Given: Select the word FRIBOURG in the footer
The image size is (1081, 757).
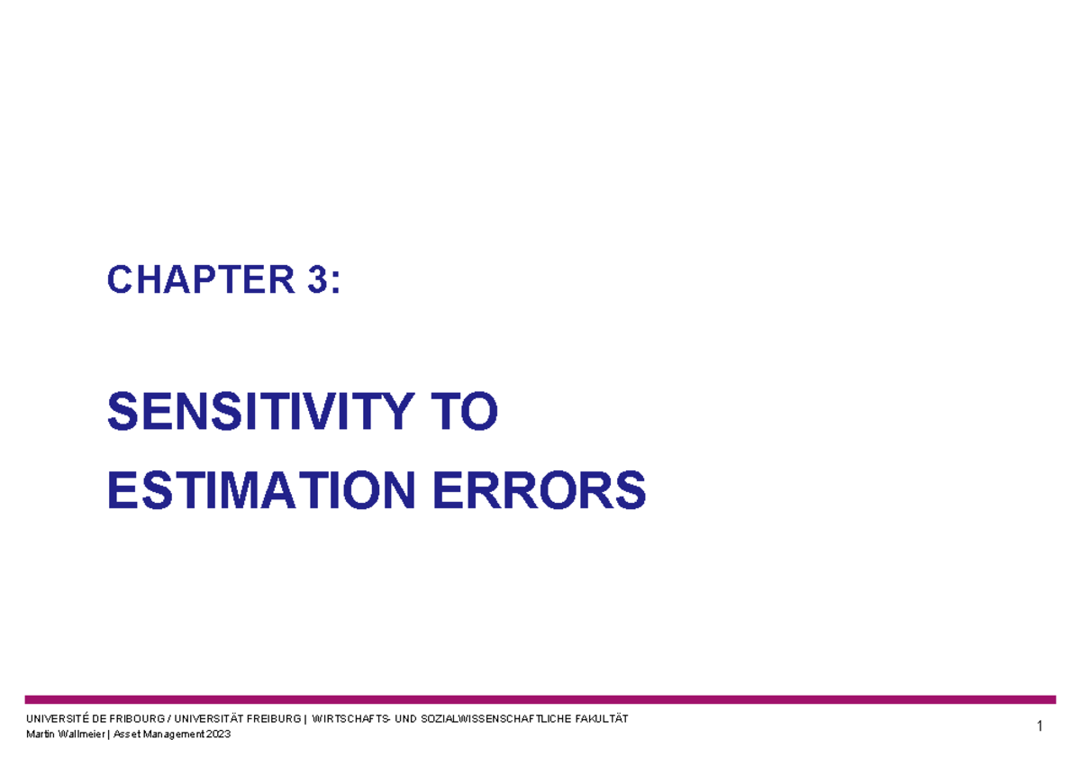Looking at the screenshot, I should (x=133, y=718).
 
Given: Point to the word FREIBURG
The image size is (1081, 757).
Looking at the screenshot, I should (x=272, y=718).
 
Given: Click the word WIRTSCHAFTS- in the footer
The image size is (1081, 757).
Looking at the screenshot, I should (x=351, y=718).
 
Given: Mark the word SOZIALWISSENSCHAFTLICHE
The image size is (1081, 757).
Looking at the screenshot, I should (x=492, y=718).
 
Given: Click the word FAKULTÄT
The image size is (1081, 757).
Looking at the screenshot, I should (x=599, y=718).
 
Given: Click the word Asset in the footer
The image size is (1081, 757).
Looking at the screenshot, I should (x=126, y=734).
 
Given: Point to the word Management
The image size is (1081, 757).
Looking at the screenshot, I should (x=175, y=734).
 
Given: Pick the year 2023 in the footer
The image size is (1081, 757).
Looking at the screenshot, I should (x=219, y=734).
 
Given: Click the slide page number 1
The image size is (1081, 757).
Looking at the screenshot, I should (x=1040, y=726).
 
